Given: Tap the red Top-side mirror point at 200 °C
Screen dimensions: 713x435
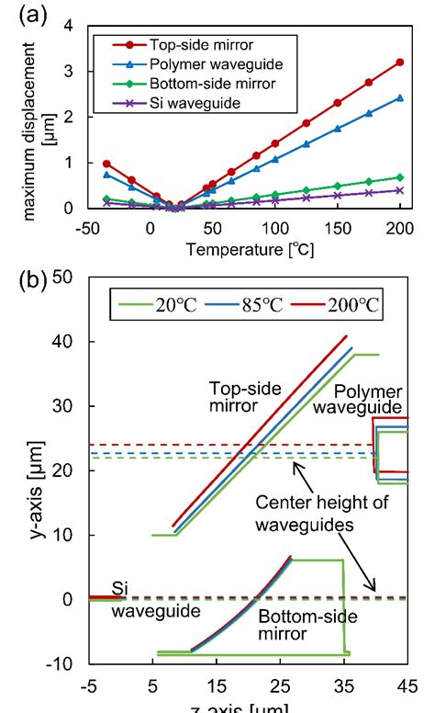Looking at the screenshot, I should coord(400,62).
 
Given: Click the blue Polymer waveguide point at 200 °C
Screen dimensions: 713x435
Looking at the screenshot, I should coord(400,97).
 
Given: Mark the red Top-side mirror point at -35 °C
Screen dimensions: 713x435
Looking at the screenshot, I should coord(106,164).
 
